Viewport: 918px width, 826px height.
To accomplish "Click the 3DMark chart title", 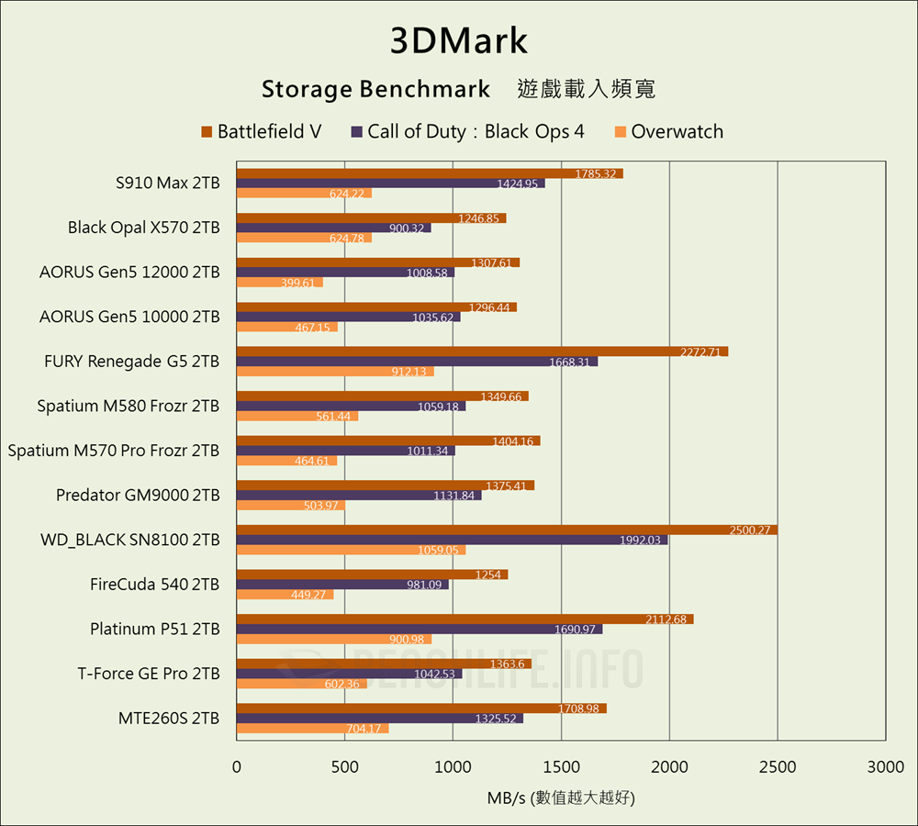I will click(459, 41).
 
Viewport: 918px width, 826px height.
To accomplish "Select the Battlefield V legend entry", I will click(262, 131).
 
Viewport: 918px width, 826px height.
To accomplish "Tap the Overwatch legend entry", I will click(669, 131).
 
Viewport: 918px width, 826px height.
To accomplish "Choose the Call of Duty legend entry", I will click(467, 131).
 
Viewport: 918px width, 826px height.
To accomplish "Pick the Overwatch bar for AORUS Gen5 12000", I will click(280, 282).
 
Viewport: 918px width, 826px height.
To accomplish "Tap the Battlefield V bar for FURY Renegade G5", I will click(482, 352).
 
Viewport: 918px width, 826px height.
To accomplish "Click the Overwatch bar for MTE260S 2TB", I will click(312, 728).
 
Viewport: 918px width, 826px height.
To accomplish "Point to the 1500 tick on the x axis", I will click(561, 766).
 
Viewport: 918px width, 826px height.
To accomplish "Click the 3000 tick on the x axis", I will click(885, 766).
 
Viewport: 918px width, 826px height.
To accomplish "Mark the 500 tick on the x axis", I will click(344, 766).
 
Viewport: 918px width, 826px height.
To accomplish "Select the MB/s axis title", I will click(561, 797).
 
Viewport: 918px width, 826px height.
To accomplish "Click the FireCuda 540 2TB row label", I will click(155, 584).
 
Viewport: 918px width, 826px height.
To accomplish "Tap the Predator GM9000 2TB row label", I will click(138, 495).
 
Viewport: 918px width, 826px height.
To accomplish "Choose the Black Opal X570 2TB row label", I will click(144, 227).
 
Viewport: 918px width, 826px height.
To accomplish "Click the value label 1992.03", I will click(640, 541).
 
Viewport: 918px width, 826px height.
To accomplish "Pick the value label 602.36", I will click(339, 684).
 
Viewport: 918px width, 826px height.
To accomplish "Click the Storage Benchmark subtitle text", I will click(376, 89).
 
